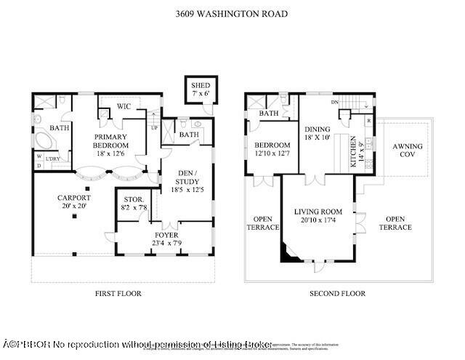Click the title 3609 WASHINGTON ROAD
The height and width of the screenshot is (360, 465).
[x=232, y=13]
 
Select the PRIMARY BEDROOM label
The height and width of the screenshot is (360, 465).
[x=110, y=141]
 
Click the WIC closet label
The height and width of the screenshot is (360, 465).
[x=124, y=107]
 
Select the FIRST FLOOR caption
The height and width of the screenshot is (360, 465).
[x=118, y=294]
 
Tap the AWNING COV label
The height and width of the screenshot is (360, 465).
[x=408, y=151]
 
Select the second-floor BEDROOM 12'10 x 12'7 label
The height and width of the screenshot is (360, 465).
[x=272, y=149]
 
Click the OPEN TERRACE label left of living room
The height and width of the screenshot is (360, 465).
[x=265, y=223]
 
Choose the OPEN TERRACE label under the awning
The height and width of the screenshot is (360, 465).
[x=398, y=223]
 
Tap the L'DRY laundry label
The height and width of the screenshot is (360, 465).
[x=52, y=159]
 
